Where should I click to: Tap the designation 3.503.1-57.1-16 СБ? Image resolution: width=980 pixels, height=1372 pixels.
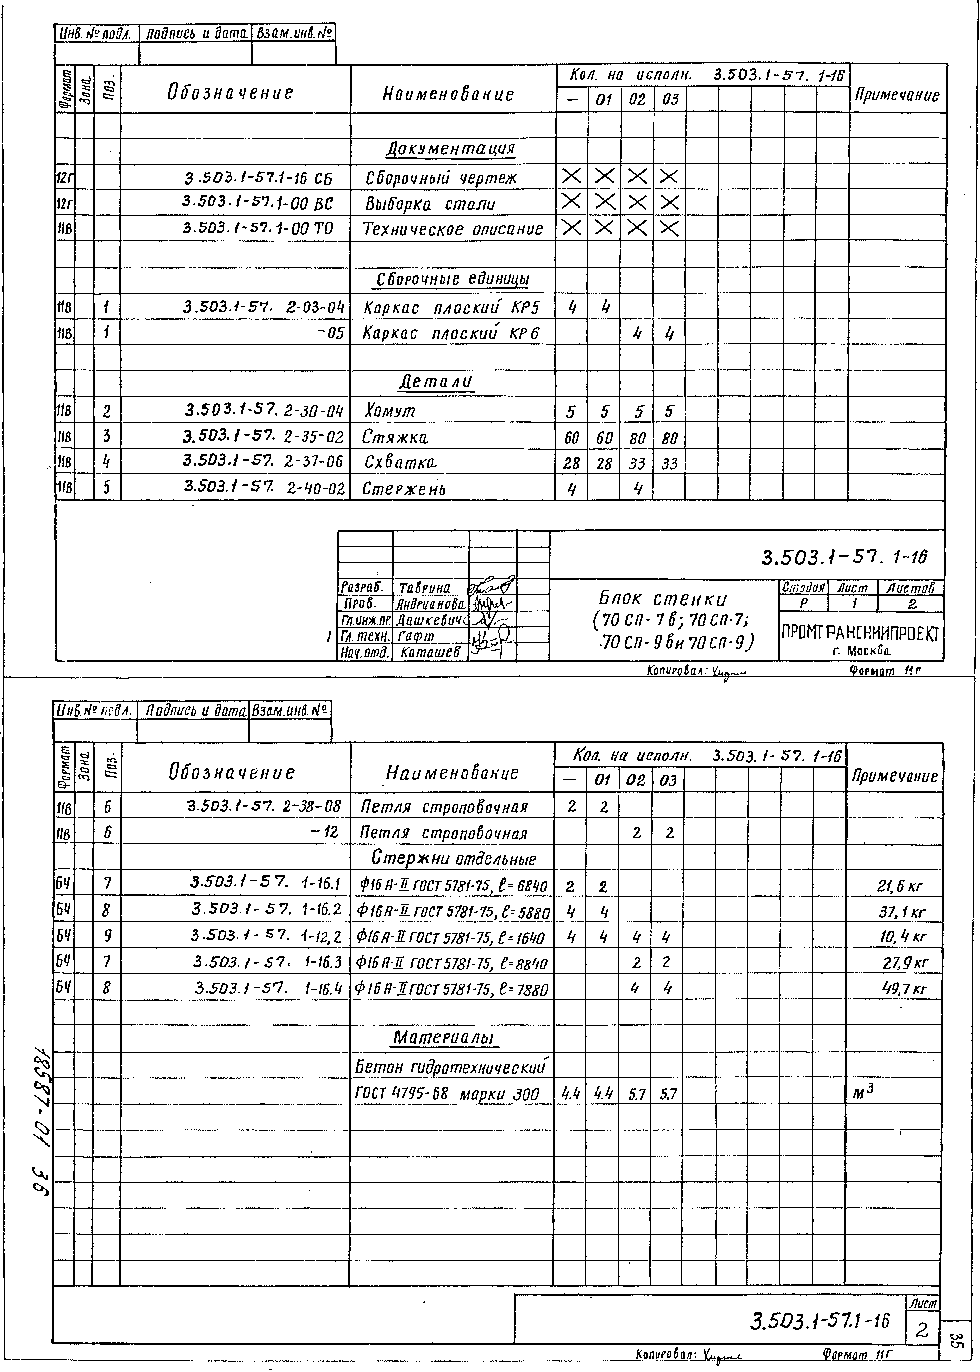pyautogui.click(x=258, y=179)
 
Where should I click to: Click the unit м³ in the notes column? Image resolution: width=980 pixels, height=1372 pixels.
pyautogui.click(x=863, y=1092)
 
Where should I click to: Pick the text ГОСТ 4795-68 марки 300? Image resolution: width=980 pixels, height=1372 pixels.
pyautogui.click(x=447, y=1094)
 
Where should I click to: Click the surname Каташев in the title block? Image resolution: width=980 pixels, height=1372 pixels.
pyautogui.click(x=430, y=652)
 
